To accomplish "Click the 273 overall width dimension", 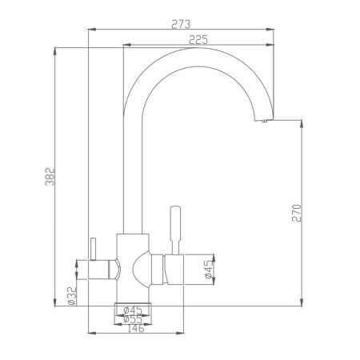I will (180, 23).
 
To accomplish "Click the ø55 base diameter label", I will (133, 318).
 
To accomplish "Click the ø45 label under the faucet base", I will (133, 309).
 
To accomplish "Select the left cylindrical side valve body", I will (100, 269).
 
